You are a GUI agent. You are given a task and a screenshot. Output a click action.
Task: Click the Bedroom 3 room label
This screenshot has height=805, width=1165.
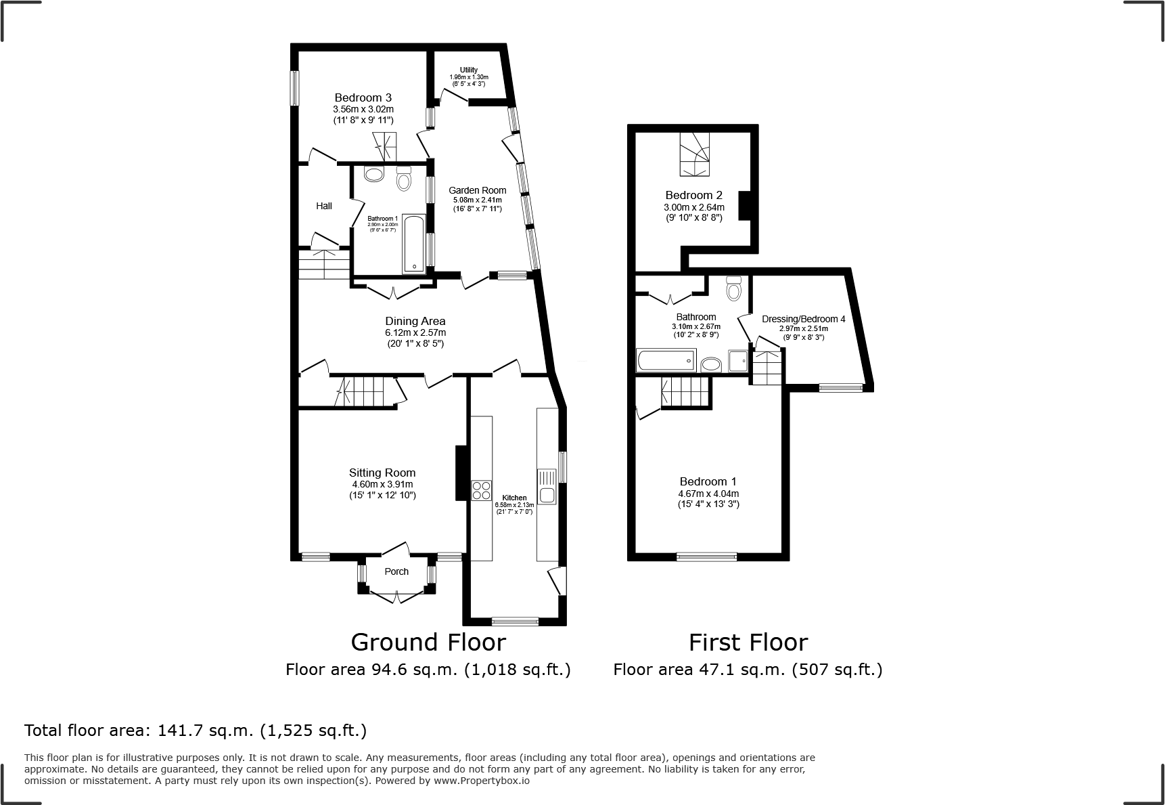click(x=363, y=98)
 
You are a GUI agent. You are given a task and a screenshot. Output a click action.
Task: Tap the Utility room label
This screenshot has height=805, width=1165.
click(x=469, y=70)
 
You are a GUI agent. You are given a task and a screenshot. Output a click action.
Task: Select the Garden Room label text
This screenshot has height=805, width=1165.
click(x=477, y=190)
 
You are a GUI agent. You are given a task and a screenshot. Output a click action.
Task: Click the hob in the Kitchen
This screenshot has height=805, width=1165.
click(x=482, y=490)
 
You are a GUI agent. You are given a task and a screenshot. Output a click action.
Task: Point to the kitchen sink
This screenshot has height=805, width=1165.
click(x=547, y=494)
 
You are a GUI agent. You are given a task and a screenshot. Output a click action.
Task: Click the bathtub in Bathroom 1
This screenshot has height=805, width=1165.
click(x=413, y=244)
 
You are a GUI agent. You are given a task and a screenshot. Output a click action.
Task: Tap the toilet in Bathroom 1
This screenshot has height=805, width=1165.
click(x=404, y=179)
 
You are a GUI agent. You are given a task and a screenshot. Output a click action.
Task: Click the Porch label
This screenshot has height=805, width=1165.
click(x=396, y=571)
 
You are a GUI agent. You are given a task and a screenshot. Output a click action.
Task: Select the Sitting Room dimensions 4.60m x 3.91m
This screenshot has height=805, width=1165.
click(x=382, y=484)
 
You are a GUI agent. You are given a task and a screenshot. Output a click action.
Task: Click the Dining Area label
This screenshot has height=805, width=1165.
click(x=415, y=321)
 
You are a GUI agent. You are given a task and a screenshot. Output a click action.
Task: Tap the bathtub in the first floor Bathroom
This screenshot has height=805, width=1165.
click(x=666, y=360)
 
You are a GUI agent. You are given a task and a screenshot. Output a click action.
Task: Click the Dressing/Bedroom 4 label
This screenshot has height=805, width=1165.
click(x=803, y=319)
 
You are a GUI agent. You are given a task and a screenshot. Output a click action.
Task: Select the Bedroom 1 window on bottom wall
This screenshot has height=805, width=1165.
click(x=706, y=557)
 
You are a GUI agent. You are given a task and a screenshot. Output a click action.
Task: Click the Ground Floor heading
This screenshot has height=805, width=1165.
click(x=428, y=642)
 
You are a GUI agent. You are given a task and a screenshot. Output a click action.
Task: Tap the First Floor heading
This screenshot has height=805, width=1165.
click(x=748, y=642)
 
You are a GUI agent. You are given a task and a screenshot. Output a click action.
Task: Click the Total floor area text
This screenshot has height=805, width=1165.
click(x=196, y=731)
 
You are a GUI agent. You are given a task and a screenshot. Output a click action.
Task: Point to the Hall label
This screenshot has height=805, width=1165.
click(x=324, y=206)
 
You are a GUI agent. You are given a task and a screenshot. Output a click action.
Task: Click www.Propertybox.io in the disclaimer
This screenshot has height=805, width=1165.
click(x=481, y=781)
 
